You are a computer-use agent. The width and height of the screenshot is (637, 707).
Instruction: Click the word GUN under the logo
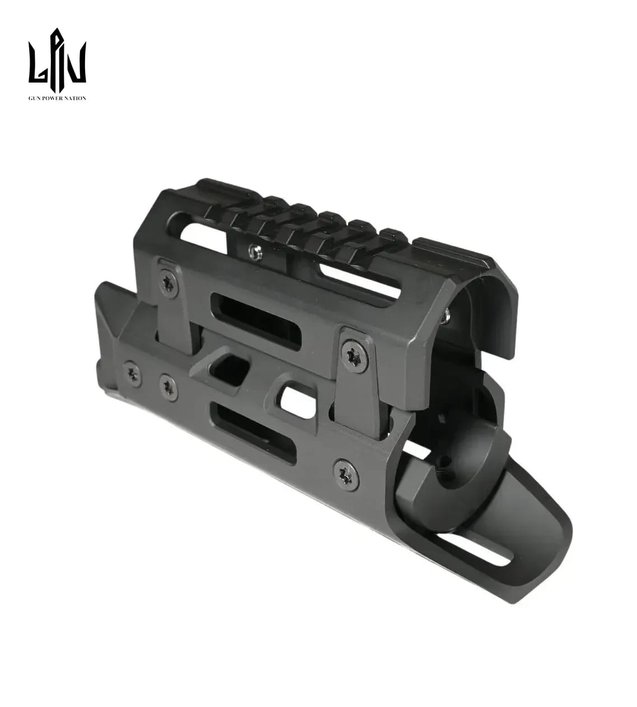tap(34, 98)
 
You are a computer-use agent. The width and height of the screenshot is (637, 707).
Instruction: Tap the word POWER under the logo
tap(52, 98)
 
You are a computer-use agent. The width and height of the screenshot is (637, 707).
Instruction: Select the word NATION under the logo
tap(76, 98)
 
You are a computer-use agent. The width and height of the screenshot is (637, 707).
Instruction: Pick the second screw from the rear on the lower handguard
tap(168, 387)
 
